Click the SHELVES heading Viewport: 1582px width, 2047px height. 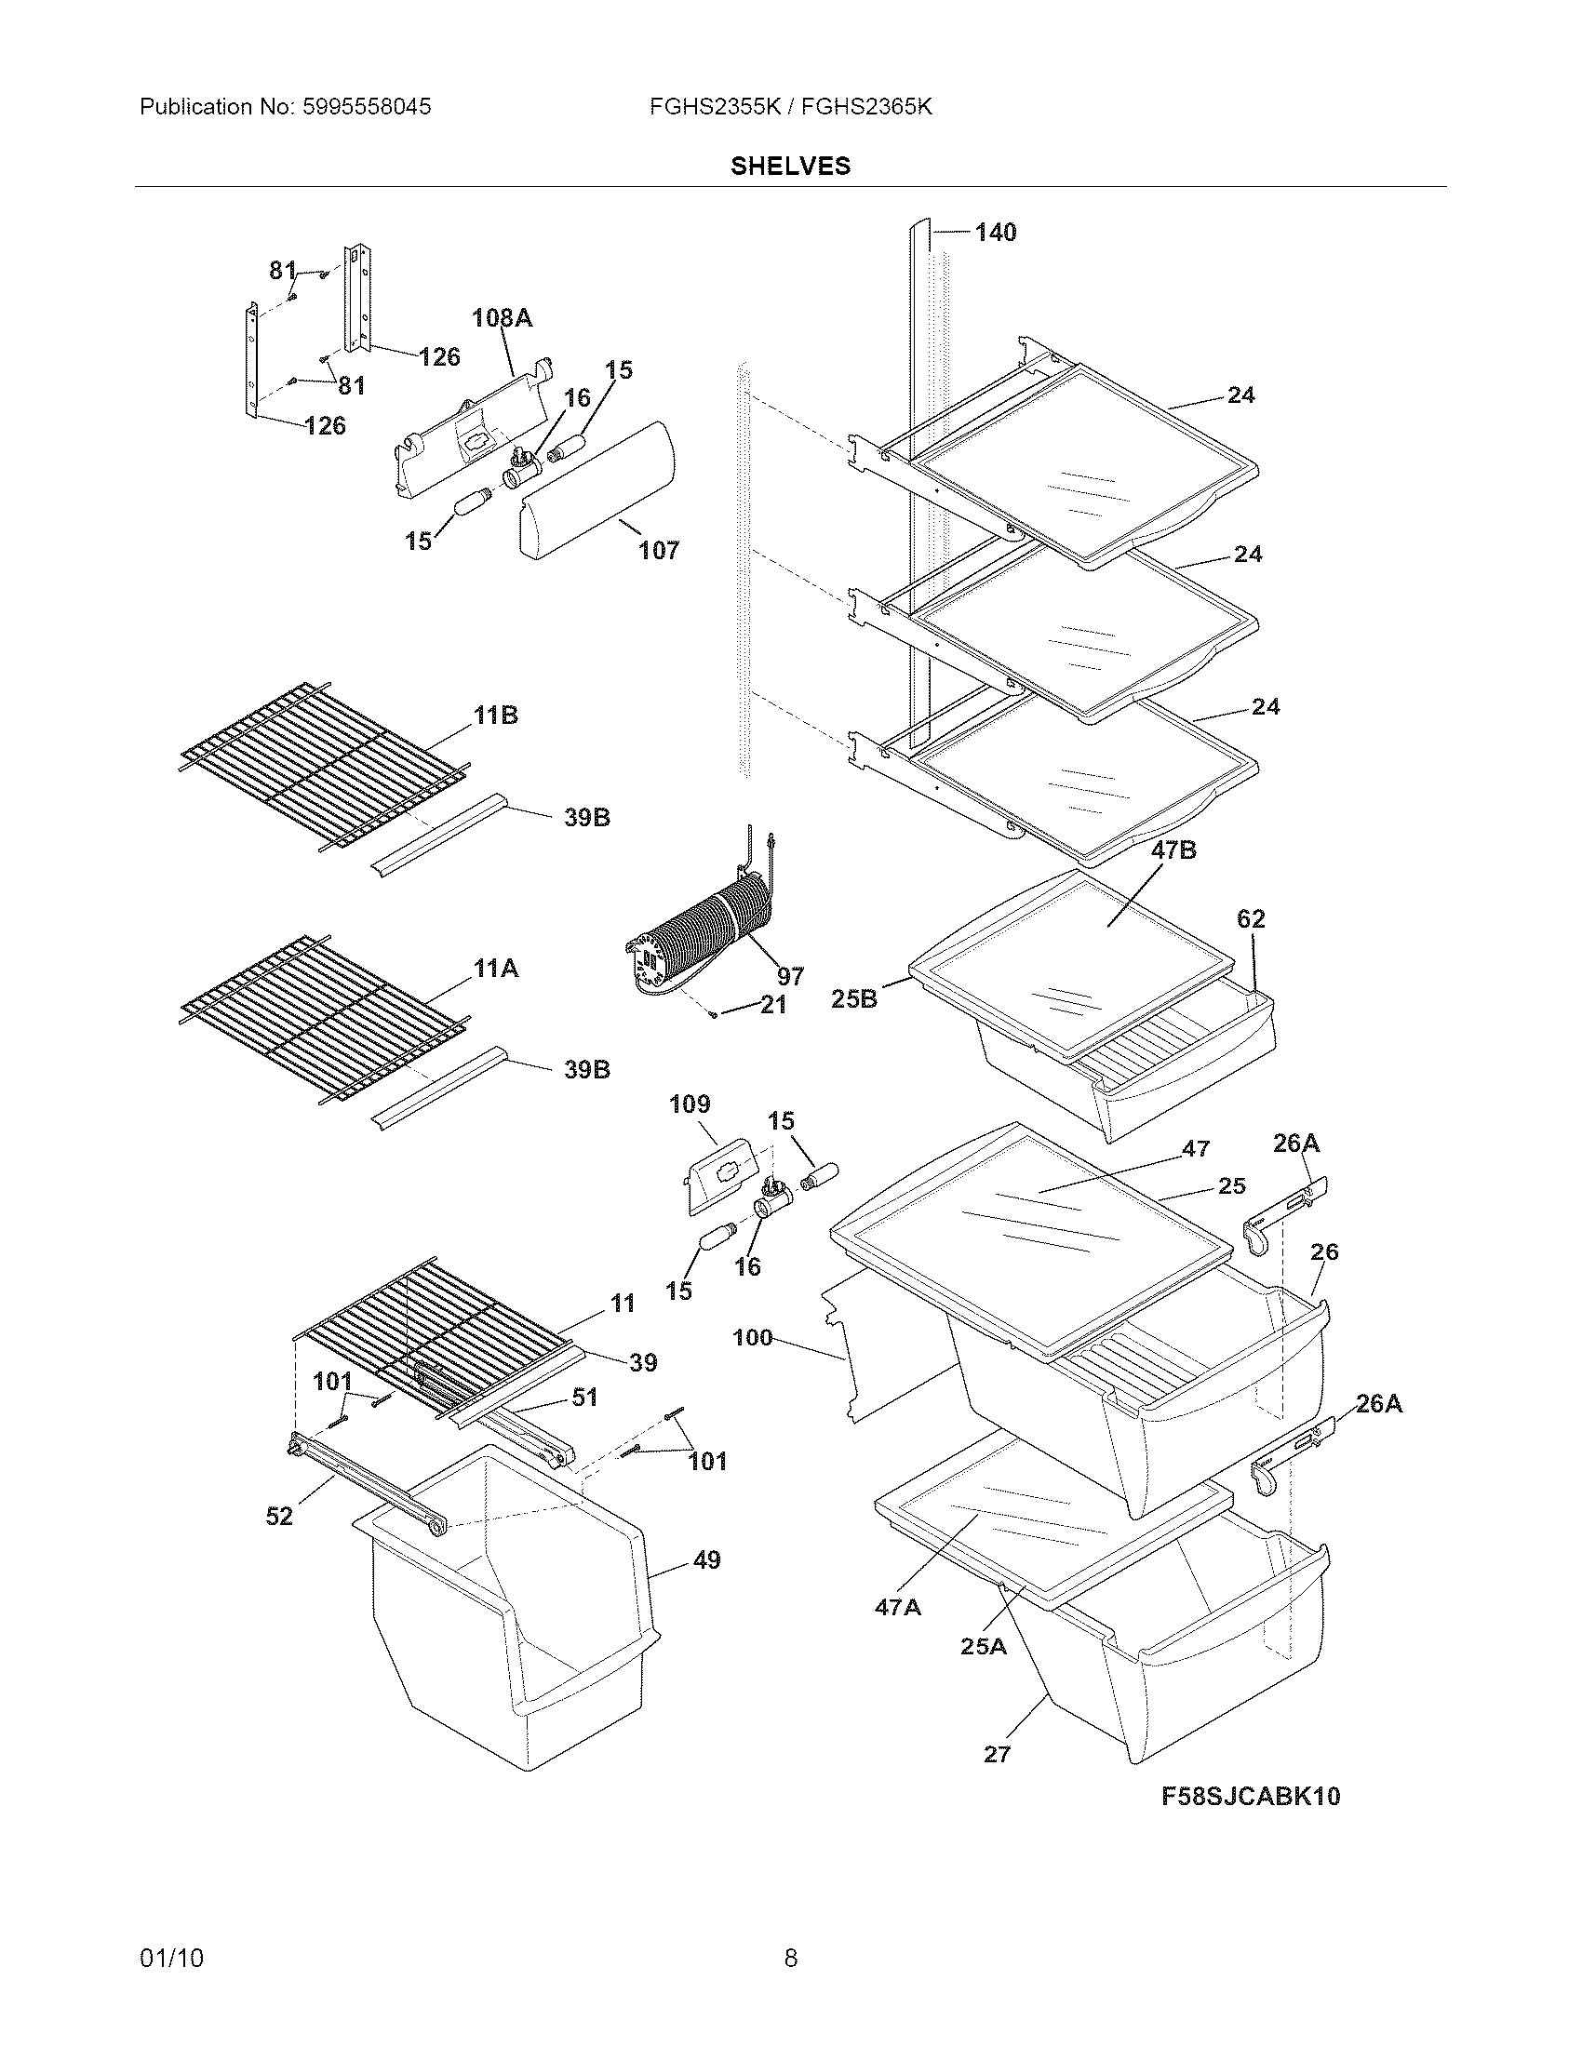tap(790, 166)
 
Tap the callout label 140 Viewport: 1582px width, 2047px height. tap(996, 233)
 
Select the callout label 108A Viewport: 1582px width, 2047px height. tap(502, 317)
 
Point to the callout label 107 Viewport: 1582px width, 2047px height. tap(659, 550)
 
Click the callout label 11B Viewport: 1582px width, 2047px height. tap(495, 716)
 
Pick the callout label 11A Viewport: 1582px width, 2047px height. tap(496, 969)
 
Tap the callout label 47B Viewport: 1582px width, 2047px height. tap(1173, 850)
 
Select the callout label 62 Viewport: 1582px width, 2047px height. tap(1250, 918)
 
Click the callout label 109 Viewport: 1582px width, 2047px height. tap(690, 1104)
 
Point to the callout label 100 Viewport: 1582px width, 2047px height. tap(753, 1337)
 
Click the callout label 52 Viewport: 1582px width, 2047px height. tap(279, 1517)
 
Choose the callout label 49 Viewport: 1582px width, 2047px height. tap(706, 1559)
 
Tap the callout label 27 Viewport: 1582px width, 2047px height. tap(998, 1754)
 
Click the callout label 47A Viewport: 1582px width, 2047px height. tap(898, 1608)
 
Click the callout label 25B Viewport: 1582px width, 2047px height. tap(853, 999)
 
